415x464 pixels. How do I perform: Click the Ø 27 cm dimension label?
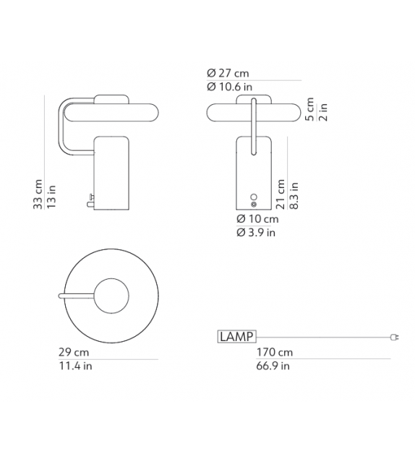(228, 74)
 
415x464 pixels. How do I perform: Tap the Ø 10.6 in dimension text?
(230, 87)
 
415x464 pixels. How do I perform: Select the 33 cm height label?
(38, 195)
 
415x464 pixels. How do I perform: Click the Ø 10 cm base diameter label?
(257, 219)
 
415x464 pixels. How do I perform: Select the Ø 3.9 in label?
(256, 233)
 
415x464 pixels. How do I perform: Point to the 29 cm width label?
(74, 353)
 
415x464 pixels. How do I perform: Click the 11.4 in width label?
(75, 366)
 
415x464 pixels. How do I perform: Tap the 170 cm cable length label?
(275, 353)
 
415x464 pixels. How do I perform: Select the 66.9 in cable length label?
(273, 366)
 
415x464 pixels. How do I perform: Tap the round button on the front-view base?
(253, 198)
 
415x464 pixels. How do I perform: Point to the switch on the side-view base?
(89, 199)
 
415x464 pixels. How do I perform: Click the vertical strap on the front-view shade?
(253, 126)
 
